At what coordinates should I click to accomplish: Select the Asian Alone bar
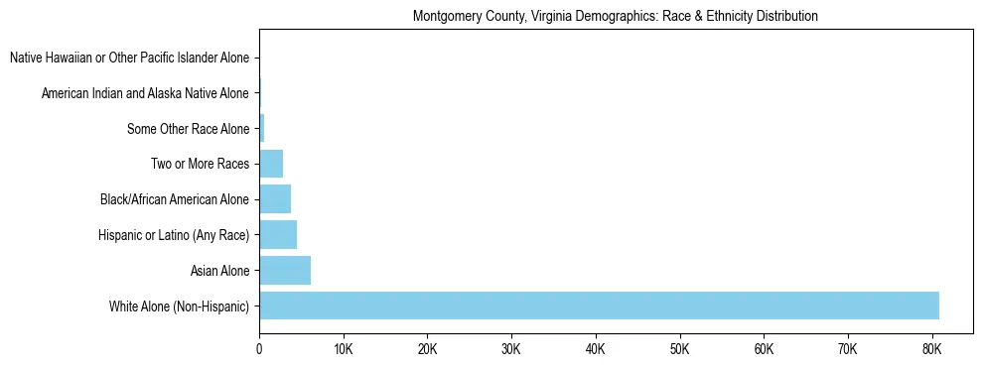(x=285, y=270)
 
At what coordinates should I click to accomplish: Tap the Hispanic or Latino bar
(x=278, y=235)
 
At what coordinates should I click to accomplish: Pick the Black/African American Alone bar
(x=275, y=199)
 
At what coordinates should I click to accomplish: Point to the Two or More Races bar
(x=271, y=164)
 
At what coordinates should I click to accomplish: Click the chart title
(x=615, y=17)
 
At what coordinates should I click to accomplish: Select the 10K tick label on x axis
(x=343, y=349)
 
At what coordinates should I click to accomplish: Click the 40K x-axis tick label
(x=595, y=349)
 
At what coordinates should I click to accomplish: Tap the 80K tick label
(x=930, y=349)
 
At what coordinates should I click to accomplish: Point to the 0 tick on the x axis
(x=259, y=349)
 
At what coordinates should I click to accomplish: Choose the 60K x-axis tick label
(x=763, y=349)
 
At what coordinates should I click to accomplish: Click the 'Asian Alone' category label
(x=219, y=271)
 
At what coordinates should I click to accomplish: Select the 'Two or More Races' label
(x=200, y=165)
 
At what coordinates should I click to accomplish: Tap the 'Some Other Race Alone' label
(x=189, y=129)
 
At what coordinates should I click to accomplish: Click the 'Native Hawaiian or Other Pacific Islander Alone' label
(x=129, y=59)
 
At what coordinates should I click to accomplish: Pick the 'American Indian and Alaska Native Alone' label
(x=145, y=94)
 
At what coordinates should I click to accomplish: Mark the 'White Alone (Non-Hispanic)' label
(x=180, y=306)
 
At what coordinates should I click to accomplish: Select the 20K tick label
(x=427, y=349)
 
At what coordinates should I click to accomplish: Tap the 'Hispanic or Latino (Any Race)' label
(x=174, y=235)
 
